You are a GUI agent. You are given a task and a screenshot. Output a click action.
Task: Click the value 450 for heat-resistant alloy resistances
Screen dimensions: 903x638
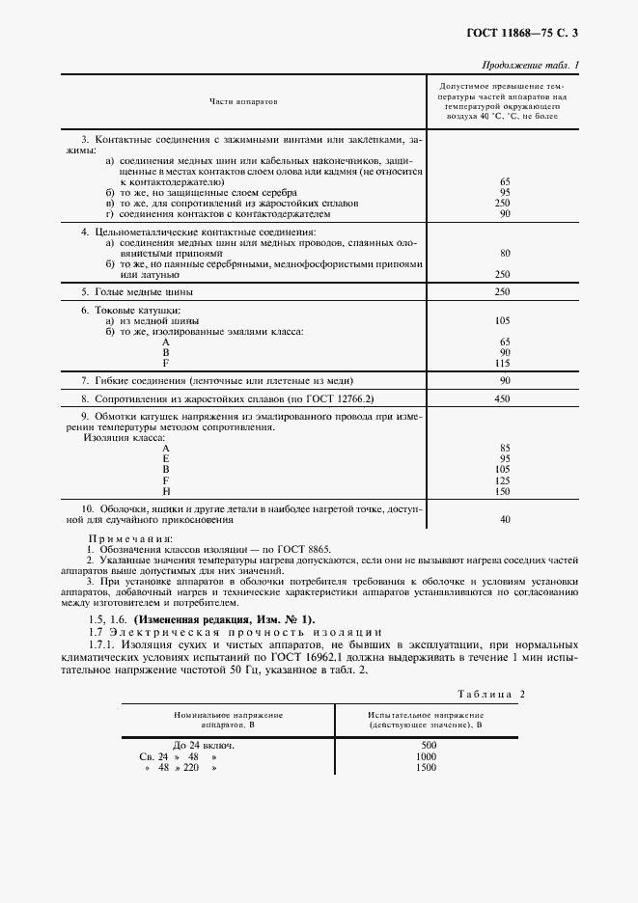pyautogui.click(x=501, y=398)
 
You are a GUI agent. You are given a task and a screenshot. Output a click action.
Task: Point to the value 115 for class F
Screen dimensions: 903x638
pyautogui.click(x=502, y=363)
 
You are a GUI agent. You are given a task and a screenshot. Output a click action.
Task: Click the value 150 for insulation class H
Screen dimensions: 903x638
pyautogui.click(x=502, y=491)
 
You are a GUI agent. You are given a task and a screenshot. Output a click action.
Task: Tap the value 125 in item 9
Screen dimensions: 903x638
pyautogui.click(x=502, y=480)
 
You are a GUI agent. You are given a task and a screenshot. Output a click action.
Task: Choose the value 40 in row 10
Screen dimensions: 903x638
pyautogui.click(x=504, y=519)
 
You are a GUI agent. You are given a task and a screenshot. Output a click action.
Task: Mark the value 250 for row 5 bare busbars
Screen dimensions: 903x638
pyautogui.click(x=501, y=291)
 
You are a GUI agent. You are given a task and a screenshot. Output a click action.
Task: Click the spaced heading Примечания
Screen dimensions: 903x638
pyautogui.click(x=130, y=537)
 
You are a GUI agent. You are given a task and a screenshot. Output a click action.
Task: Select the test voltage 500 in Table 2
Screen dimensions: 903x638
pyautogui.click(x=430, y=746)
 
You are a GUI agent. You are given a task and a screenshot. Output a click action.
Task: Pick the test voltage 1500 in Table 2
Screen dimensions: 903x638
pyautogui.click(x=427, y=768)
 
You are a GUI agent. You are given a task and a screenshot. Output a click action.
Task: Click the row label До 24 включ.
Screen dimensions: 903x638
pyautogui.click(x=205, y=746)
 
